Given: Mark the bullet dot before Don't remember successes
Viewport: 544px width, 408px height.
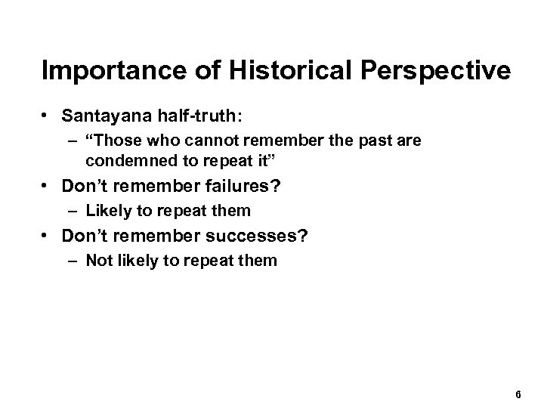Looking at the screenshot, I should coord(47,237).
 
